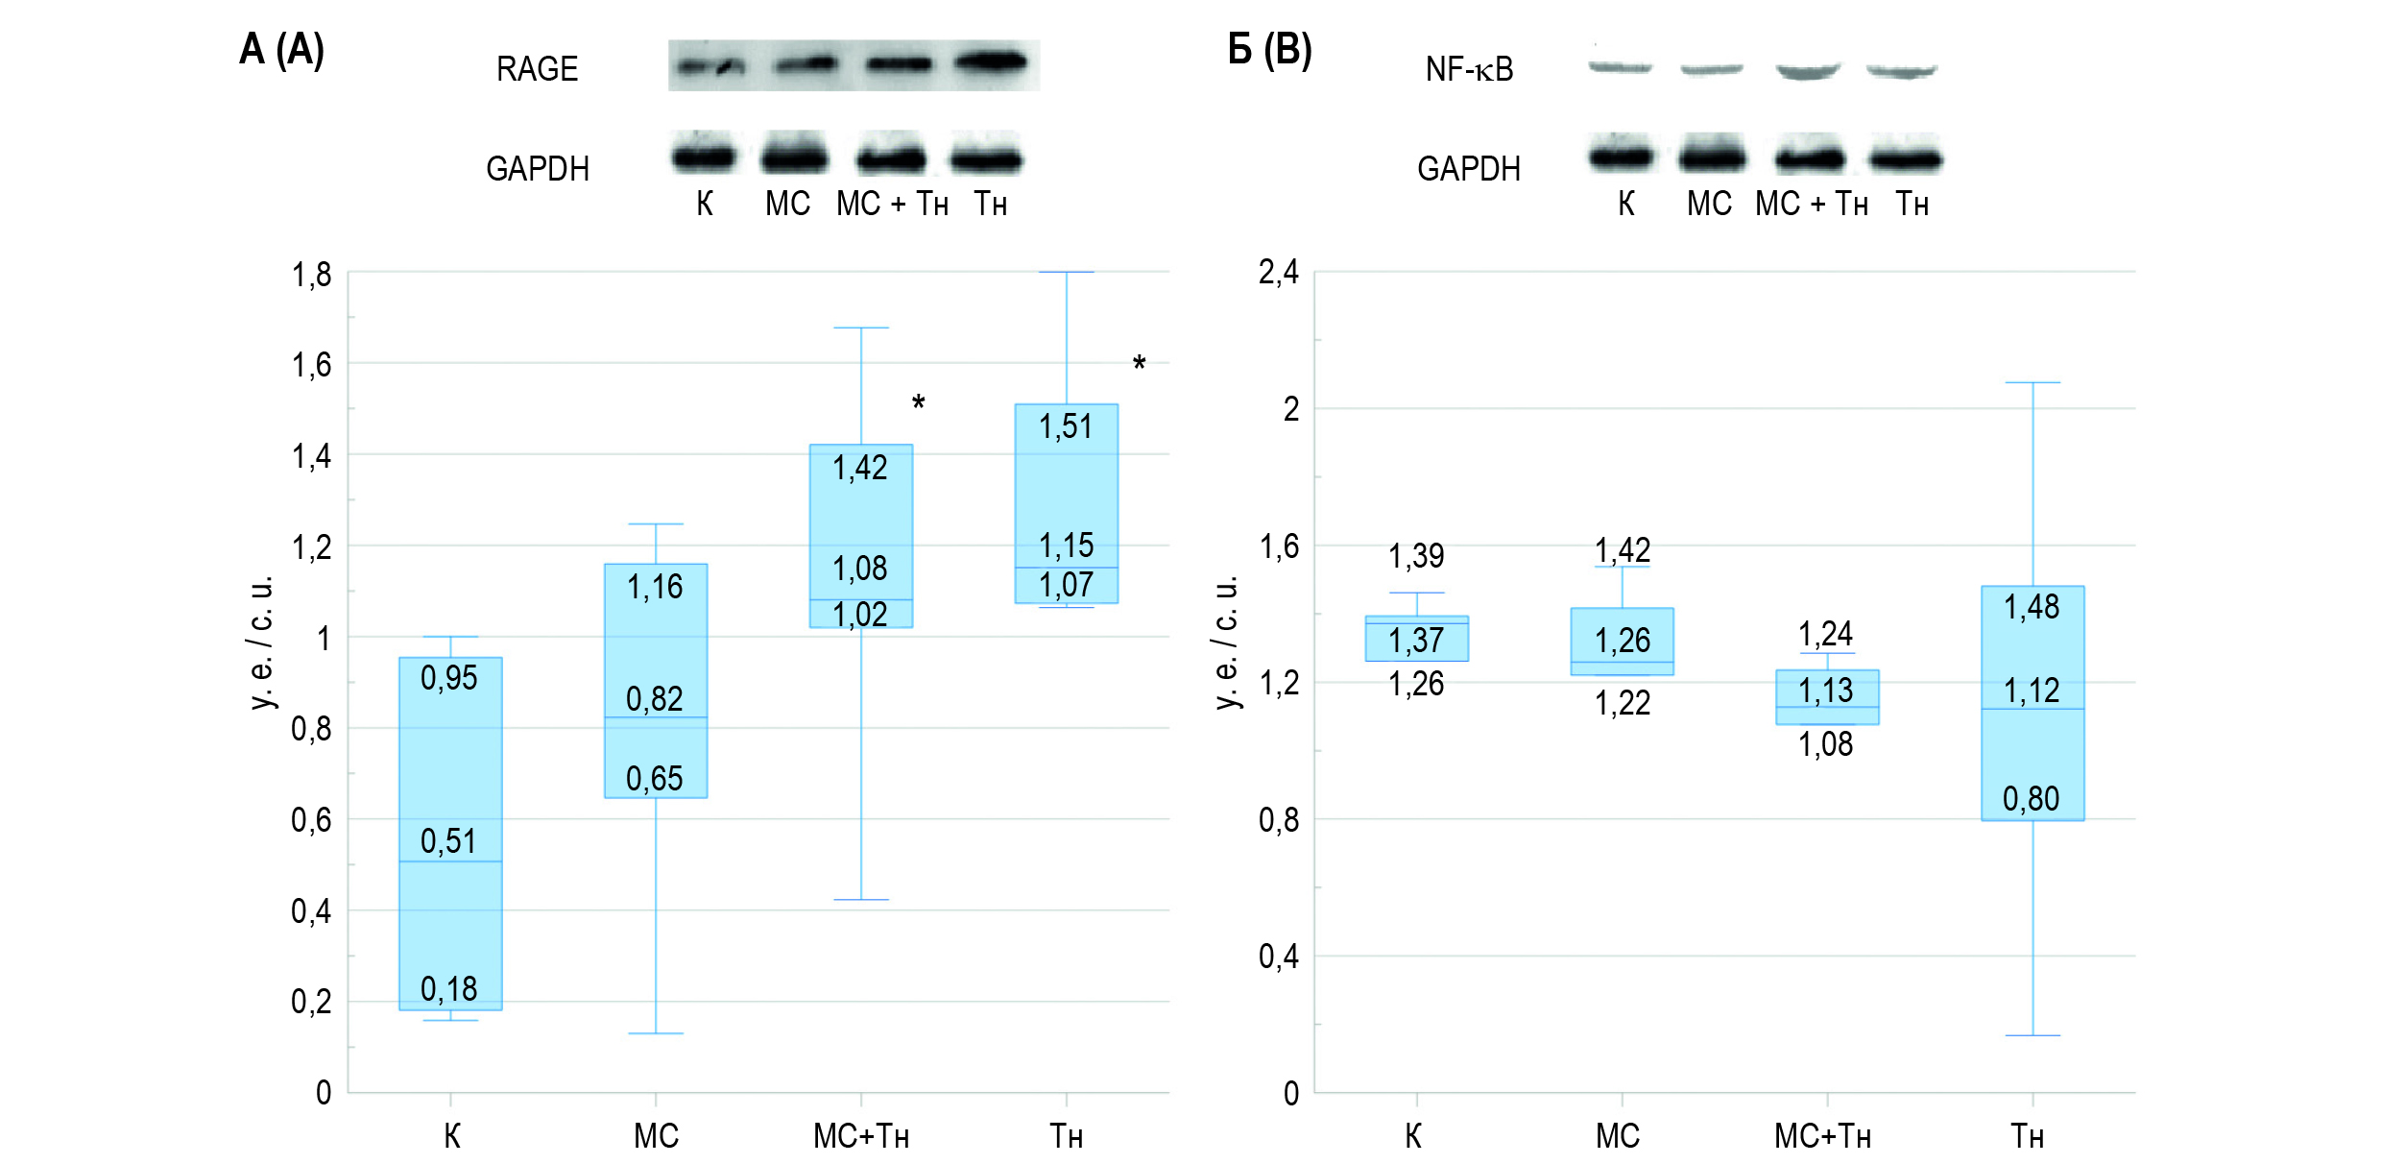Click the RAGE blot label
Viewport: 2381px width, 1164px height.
(x=537, y=69)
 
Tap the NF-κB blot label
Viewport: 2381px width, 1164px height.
(x=1469, y=69)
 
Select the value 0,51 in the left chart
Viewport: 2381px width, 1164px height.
(x=448, y=841)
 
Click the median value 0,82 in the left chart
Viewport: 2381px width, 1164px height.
(x=654, y=699)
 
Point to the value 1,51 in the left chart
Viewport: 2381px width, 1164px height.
(x=1066, y=426)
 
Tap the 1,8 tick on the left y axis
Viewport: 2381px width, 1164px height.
(x=311, y=276)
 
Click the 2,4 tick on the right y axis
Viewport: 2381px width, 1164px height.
(x=1278, y=273)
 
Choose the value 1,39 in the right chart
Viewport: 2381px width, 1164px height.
(x=1416, y=556)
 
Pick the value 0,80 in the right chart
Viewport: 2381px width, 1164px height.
(x=2031, y=799)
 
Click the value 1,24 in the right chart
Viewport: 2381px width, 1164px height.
(x=1825, y=634)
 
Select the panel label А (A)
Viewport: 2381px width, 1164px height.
(x=281, y=50)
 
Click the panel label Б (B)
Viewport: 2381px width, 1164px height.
(x=1269, y=50)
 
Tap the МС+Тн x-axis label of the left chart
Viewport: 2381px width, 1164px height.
(x=860, y=1137)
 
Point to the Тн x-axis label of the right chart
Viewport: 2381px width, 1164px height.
(x=2028, y=1137)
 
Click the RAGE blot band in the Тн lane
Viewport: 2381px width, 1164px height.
(x=991, y=62)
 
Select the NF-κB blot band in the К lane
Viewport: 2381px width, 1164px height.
(x=1620, y=67)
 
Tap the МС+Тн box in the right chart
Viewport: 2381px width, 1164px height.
(x=1827, y=697)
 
